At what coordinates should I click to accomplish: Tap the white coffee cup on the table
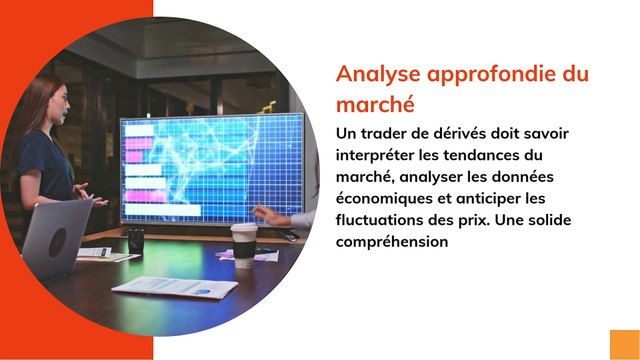pyautogui.click(x=244, y=245)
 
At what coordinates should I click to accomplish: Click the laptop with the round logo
pyautogui.click(x=58, y=239)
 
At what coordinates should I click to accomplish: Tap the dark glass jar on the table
pyautogui.click(x=135, y=240)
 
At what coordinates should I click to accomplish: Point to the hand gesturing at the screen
pyautogui.click(x=268, y=215)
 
